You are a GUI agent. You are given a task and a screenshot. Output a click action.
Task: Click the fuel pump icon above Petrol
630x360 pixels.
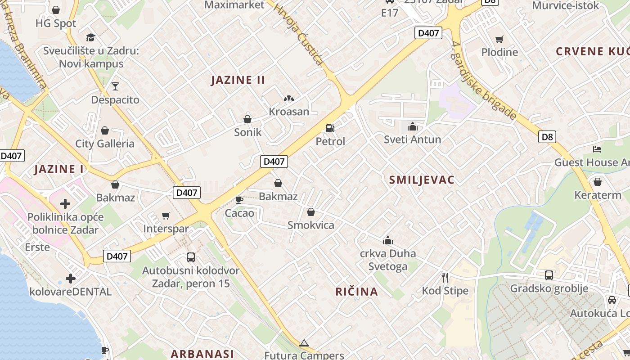(x=330, y=128)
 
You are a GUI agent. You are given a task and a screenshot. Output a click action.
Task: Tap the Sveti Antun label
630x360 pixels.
(x=412, y=139)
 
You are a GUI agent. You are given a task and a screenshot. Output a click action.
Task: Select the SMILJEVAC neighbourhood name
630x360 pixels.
(x=422, y=180)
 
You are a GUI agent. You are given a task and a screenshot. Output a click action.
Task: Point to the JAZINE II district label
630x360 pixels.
(x=238, y=80)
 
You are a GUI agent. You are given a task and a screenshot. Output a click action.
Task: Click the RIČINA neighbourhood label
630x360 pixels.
(x=356, y=292)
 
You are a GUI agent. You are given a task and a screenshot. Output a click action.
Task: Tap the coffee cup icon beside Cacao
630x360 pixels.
(x=239, y=199)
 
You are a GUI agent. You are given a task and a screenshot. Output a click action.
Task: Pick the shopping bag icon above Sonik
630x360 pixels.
(x=247, y=119)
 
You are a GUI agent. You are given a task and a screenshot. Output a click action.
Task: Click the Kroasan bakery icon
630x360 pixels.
(x=288, y=99)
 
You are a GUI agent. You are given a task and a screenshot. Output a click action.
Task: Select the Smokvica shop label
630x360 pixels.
(x=310, y=225)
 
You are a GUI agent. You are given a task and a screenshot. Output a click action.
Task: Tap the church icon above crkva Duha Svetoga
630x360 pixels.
(x=387, y=240)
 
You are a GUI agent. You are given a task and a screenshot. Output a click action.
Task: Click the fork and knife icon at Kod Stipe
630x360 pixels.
(x=445, y=277)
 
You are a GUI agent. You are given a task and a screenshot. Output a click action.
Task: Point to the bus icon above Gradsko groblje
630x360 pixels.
(x=549, y=275)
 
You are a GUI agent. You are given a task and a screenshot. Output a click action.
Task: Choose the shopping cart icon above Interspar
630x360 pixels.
(x=166, y=216)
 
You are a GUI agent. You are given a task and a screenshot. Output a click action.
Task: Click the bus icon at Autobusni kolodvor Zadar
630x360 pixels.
(x=191, y=257)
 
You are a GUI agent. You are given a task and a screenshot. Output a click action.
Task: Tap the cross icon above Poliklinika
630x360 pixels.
(x=65, y=204)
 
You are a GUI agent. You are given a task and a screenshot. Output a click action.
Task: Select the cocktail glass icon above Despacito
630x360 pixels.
(x=115, y=86)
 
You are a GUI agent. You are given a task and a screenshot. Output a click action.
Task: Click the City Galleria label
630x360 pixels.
(x=105, y=144)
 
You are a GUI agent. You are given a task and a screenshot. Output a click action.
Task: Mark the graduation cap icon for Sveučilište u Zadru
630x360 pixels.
(x=91, y=37)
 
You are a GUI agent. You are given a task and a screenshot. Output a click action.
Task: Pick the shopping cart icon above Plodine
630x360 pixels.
(x=499, y=39)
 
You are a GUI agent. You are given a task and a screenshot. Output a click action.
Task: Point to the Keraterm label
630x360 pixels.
(x=598, y=195)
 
